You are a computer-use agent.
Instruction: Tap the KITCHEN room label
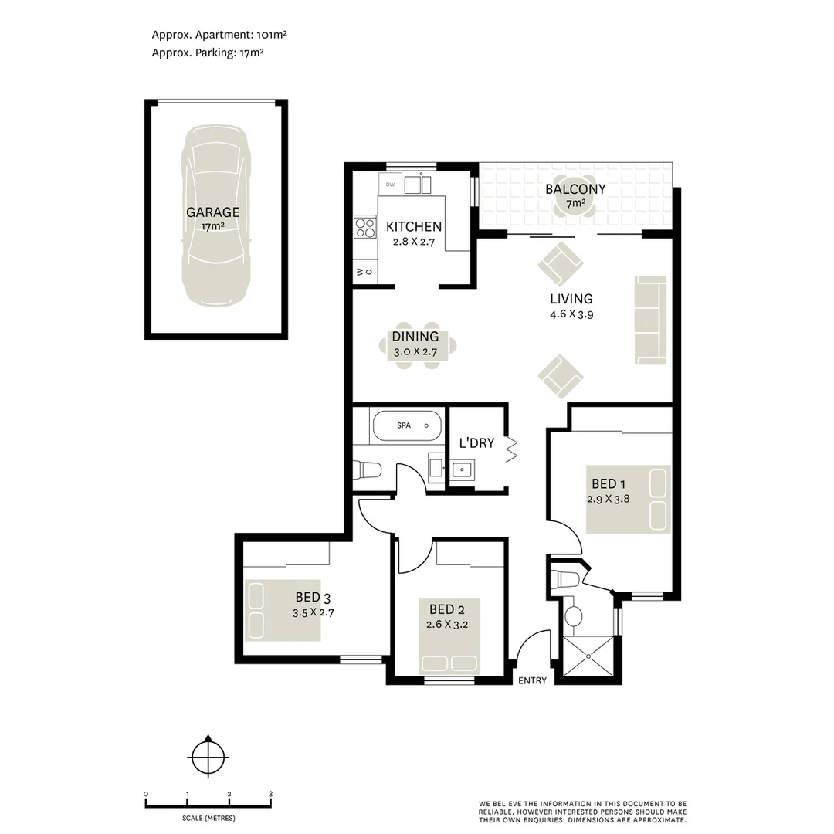click(x=414, y=226)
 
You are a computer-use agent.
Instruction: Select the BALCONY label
click(x=575, y=189)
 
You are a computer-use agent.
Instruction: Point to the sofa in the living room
click(x=650, y=319)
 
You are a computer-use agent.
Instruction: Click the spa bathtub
click(x=406, y=425)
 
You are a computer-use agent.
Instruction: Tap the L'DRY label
click(x=476, y=443)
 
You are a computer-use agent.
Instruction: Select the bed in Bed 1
click(x=628, y=499)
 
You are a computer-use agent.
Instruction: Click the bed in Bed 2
click(x=451, y=636)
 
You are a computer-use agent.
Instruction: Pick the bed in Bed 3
click(x=283, y=609)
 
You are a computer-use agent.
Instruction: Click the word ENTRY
click(x=533, y=680)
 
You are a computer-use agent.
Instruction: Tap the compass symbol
click(x=208, y=755)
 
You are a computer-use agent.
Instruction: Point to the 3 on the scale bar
click(x=270, y=794)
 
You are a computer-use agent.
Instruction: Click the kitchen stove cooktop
click(x=364, y=227)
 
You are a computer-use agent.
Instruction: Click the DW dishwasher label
click(x=390, y=185)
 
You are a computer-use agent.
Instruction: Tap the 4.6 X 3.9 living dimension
click(x=571, y=314)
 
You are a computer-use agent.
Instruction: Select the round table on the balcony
click(x=575, y=205)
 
